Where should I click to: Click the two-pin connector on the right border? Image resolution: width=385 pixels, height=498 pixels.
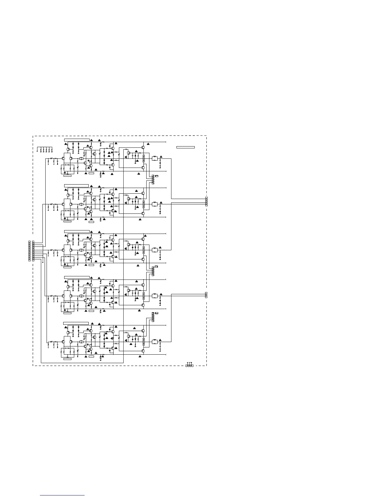click(206, 295)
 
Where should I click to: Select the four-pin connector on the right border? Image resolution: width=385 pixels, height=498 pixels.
click(206, 201)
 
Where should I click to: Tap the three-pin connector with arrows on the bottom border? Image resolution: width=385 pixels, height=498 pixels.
click(189, 365)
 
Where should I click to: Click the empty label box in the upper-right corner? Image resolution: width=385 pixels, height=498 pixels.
click(185, 147)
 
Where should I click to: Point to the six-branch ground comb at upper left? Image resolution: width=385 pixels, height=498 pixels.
click(44, 149)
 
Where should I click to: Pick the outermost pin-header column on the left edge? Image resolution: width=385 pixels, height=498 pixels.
click(29, 251)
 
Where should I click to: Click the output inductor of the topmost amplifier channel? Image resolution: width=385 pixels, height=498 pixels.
click(154, 158)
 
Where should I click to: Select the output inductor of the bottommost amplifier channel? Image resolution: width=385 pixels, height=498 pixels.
click(154, 341)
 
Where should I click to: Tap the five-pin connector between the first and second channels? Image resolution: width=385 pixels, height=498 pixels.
click(153, 180)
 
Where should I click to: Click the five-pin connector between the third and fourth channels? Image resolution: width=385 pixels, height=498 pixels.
click(153, 271)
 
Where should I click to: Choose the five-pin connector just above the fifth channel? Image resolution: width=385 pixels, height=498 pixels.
click(153, 317)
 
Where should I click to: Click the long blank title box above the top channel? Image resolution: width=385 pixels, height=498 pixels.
click(77, 140)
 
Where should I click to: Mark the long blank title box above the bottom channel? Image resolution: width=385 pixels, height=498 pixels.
click(76, 323)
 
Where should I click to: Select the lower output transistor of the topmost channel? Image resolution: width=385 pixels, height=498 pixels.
click(143, 168)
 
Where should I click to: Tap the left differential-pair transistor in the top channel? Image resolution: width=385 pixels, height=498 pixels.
click(64, 159)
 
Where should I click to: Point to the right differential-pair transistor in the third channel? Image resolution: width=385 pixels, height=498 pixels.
click(71, 250)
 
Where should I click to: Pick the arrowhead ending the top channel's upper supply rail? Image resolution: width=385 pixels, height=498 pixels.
click(165, 142)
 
